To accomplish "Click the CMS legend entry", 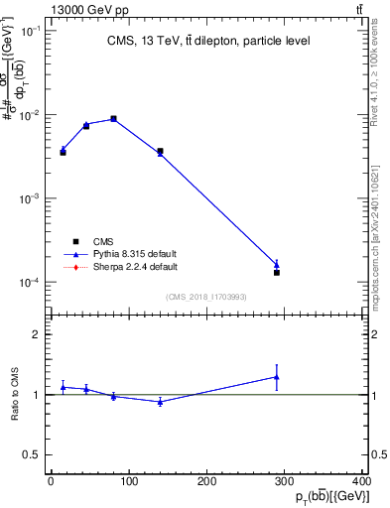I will [x=101, y=241].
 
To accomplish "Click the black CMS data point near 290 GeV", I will [x=277, y=272].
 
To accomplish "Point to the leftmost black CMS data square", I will [x=63, y=152].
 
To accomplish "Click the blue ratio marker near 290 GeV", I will [x=277, y=377].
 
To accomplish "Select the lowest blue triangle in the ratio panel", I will [x=160, y=402].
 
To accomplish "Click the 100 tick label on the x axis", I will [x=128, y=482].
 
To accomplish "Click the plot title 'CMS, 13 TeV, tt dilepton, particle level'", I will [x=208, y=41].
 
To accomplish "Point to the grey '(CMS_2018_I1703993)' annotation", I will [x=208, y=298].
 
